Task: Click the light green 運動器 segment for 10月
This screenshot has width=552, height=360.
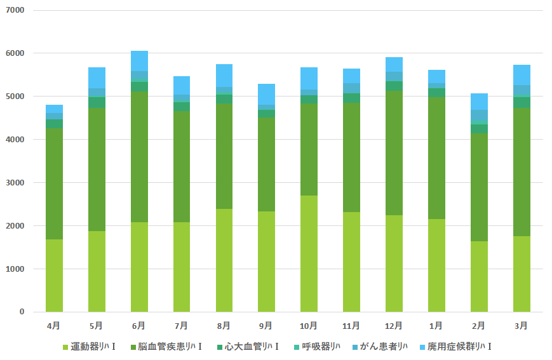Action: pyautogui.click(x=309, y=253)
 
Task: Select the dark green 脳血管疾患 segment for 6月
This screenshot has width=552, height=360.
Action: pyautogui.click(x=139, y=156)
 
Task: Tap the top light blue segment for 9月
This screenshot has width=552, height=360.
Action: pyautogui.click(x=266, y=94)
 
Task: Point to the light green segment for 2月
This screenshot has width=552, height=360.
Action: pyautogui.click(x=478, y=276)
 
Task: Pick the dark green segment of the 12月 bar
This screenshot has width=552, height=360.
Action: pyautogui.click(x=393, y=153)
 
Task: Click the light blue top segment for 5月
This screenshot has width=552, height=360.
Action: pyautogui.click(x=97, y=77)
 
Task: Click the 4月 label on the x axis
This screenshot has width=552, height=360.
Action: pyautogui.click(x=54, y=326)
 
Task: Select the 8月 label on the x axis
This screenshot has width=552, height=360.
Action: pyautogui.click(x=224, y=326)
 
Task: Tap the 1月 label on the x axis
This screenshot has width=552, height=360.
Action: pyautogui.click(x=436, y=326)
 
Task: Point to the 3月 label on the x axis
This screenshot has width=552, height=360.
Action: pyautogui.click(x=521, y=326)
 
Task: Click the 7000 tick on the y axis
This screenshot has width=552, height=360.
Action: pyautogui.click(x=16, y=11)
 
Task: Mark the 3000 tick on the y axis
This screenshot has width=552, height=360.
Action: pyautogui.click(x=16, y=183)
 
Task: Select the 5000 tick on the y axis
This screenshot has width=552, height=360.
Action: pyautogui.click(x=16, y=97)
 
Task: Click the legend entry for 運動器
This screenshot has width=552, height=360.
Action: pyautogui.click(x=90, y=347)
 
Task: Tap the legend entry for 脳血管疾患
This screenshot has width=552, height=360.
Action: pyautogui.click(x=166, y=347)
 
